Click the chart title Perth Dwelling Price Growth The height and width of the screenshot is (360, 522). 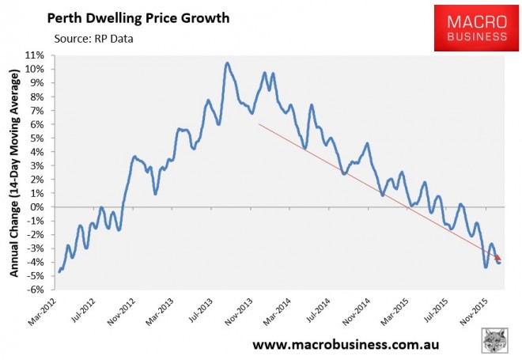click(x=138, y=17)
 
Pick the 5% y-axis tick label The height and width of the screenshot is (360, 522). click(x=36, y=138)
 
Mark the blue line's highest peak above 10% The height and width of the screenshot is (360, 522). click(x=227, y=63)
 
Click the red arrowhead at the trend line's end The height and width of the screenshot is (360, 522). click(x=498, y=257)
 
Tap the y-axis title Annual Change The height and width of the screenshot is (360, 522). click(x=13, y=172)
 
